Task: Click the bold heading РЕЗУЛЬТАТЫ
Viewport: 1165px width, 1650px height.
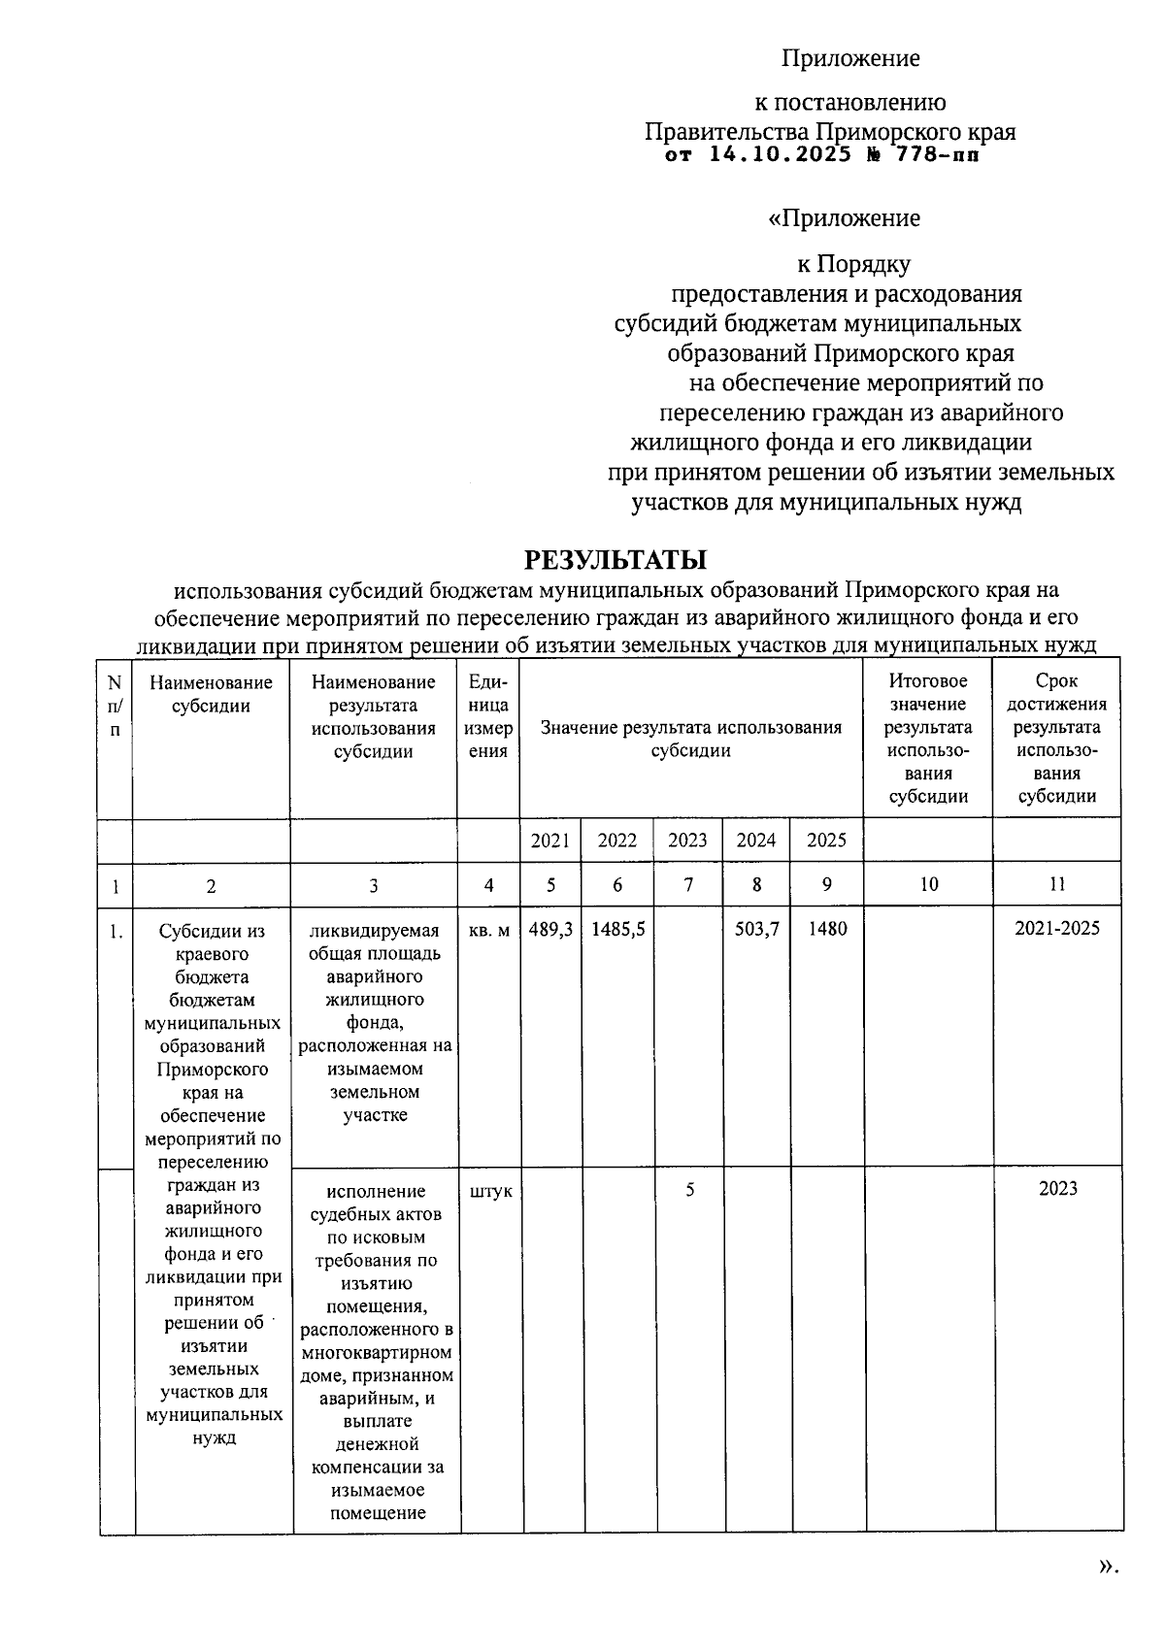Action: (x=616, y=560)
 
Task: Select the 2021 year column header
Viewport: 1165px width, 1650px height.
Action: (x=550, y=841)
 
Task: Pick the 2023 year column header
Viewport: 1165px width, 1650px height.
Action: (x=687, y=841)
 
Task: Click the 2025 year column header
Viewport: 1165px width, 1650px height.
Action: (x=826, y=841)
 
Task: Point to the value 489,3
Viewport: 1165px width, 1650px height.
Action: (x=550, y=929)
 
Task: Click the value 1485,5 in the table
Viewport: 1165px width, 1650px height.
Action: (x=617, y=929)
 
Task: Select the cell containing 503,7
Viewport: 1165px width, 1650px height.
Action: (x=757, y=929)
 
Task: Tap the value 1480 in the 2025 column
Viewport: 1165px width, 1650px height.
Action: (x=827, y=929)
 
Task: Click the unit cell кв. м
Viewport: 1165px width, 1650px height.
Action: (x=488, y=930)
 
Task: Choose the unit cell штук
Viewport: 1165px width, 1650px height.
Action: (x=489, y=1191)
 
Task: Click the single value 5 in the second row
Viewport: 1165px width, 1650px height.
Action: (x=689, y=1189)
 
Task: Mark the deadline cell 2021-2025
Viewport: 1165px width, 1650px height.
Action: (x=1057, y=929)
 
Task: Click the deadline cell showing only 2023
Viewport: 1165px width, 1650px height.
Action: (x=1057, y=1189)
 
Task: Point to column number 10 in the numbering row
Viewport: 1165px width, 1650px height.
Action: (x=928, y=884)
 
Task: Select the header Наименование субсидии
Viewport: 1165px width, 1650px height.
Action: (x=211, y=695)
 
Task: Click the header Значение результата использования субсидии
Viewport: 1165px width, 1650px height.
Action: (x=690, y=739)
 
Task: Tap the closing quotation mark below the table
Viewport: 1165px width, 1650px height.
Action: (x=1108, y=1565)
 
